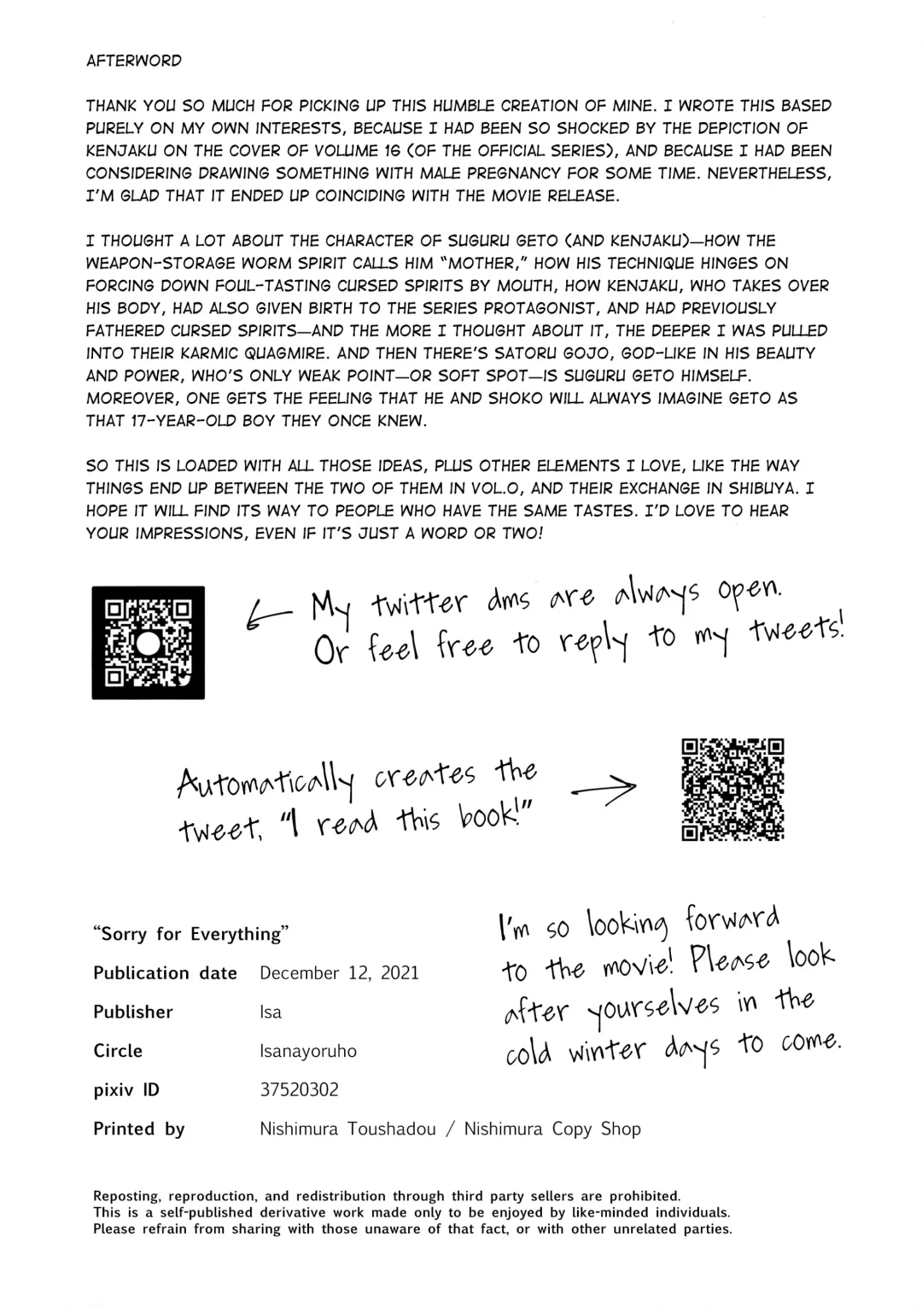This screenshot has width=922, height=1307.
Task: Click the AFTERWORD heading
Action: (x=134, y=61)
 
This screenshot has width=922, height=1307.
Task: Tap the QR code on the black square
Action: (x=148, y=643)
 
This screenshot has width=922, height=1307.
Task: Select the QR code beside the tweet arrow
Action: (x=732, y=790)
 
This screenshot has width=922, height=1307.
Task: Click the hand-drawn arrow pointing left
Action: (x=267, y=613)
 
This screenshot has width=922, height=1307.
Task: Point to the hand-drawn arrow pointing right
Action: (x=603, y=789)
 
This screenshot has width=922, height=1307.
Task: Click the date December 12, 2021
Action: (x=339, y=973)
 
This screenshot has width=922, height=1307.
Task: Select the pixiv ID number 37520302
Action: (x=299, y=1090)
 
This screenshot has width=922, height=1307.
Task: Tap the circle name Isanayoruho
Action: (x=307, y=1051)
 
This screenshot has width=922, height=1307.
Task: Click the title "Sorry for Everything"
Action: (x=190, y=934)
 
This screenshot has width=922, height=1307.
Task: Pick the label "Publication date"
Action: (x=165, y=973)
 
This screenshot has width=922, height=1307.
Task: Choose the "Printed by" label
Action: (x=139, y=1129)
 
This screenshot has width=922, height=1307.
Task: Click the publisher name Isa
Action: (x=270, y=1012)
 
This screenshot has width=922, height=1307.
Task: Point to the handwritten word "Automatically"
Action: (x=265, y=780)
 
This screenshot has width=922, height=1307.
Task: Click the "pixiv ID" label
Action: (x=125, y=1090)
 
